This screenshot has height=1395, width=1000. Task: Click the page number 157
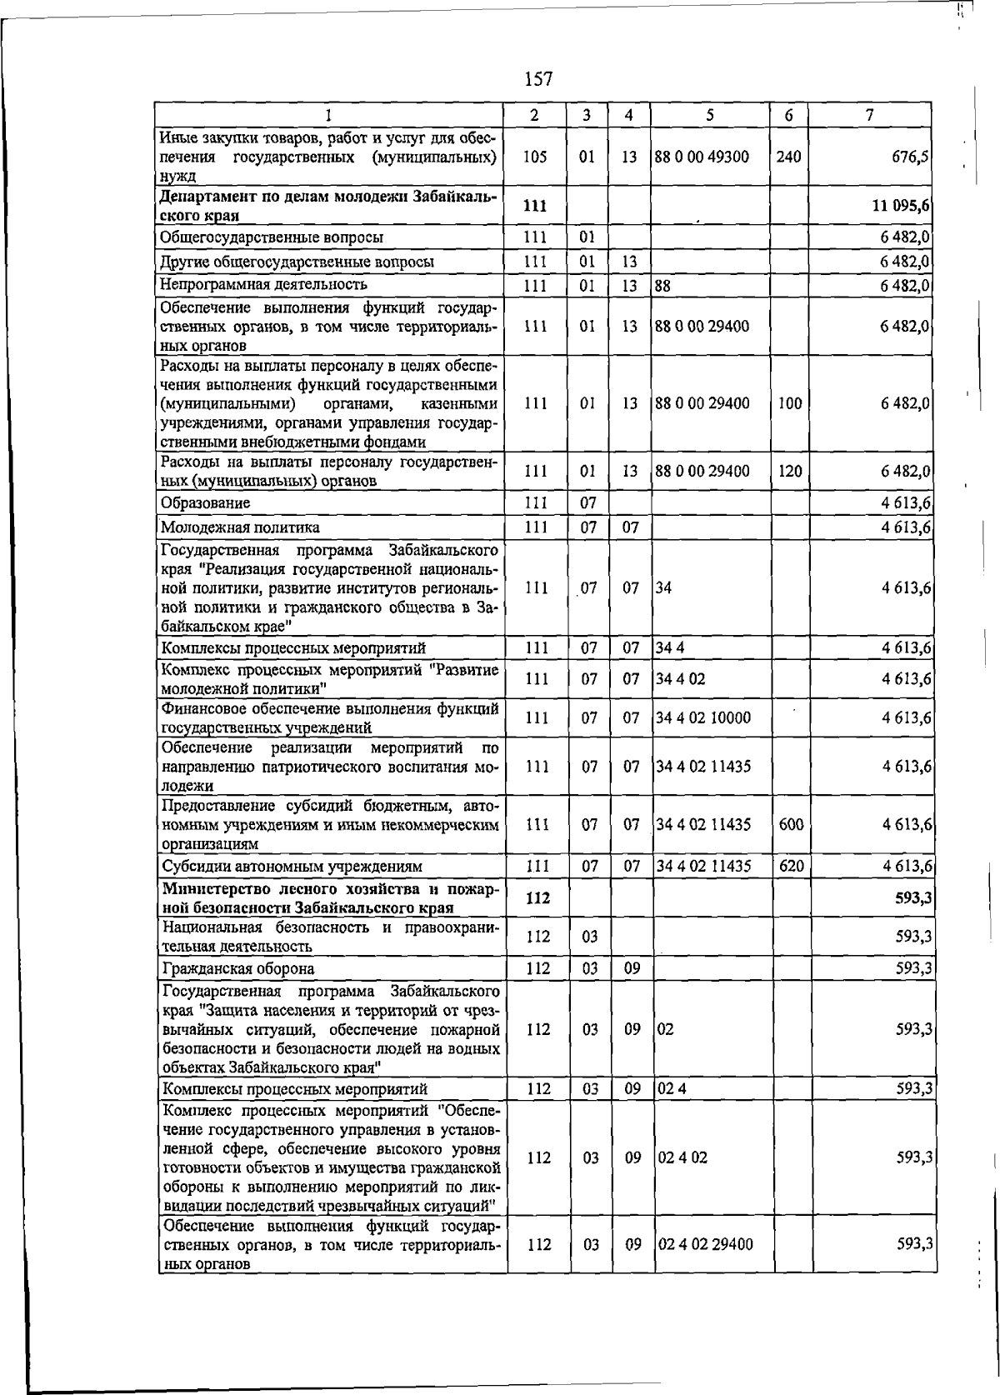pyautogui.click(x=538, y=79)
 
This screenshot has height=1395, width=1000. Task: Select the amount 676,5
pyautogui.click(x=911, y=157)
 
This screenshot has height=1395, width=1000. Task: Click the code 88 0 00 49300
pyautogui.click(x=702, y=157)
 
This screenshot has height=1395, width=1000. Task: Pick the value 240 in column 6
pyautogui.click(x=787, y=157)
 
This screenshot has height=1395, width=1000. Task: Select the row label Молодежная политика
pyautogui.click(x=240, y=527)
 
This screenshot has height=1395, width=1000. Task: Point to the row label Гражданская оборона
pyautogui.click(x=238, y=968)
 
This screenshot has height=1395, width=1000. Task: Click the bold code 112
pyautogui.click(x=538, y=898)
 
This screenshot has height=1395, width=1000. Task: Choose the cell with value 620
pyautogui.click(x=791, y=866)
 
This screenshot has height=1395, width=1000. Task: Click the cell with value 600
pyautogui.click(x=791, y=824)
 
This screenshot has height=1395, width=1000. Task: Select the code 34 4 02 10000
pyautogui.click(x=702, y=717)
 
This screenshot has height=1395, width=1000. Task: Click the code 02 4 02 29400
pyautogui.click(x=705, y=1244)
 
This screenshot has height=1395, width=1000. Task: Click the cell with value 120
pyautogui.click(x=789, y=471)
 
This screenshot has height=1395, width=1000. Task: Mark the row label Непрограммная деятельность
pyautogui.click(x=263, y=284)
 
